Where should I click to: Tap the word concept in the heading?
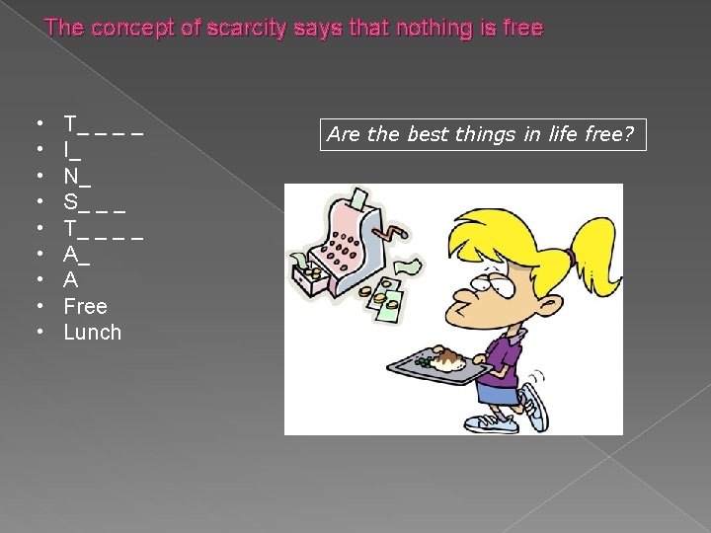click(126, 28)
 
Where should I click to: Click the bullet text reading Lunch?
click(92, 333)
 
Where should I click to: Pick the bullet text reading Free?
click(85, 307)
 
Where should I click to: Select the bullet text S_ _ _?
click(94, 202)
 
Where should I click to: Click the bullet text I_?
click(72, 151)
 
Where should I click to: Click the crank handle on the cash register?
click(395, 233)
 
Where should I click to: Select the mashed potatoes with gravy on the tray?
click(447, 361)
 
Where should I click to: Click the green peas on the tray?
click(423, 363)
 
